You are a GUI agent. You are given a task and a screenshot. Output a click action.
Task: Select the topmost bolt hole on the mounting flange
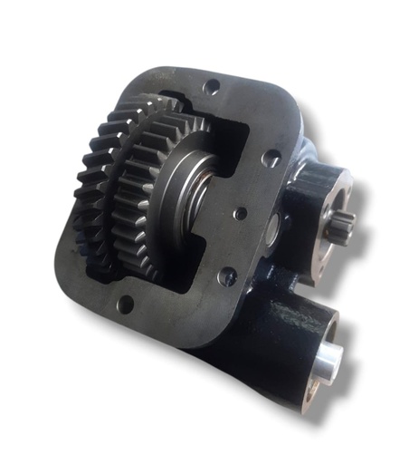(210, 88)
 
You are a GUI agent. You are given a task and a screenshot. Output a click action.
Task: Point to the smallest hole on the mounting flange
(242, 215)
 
